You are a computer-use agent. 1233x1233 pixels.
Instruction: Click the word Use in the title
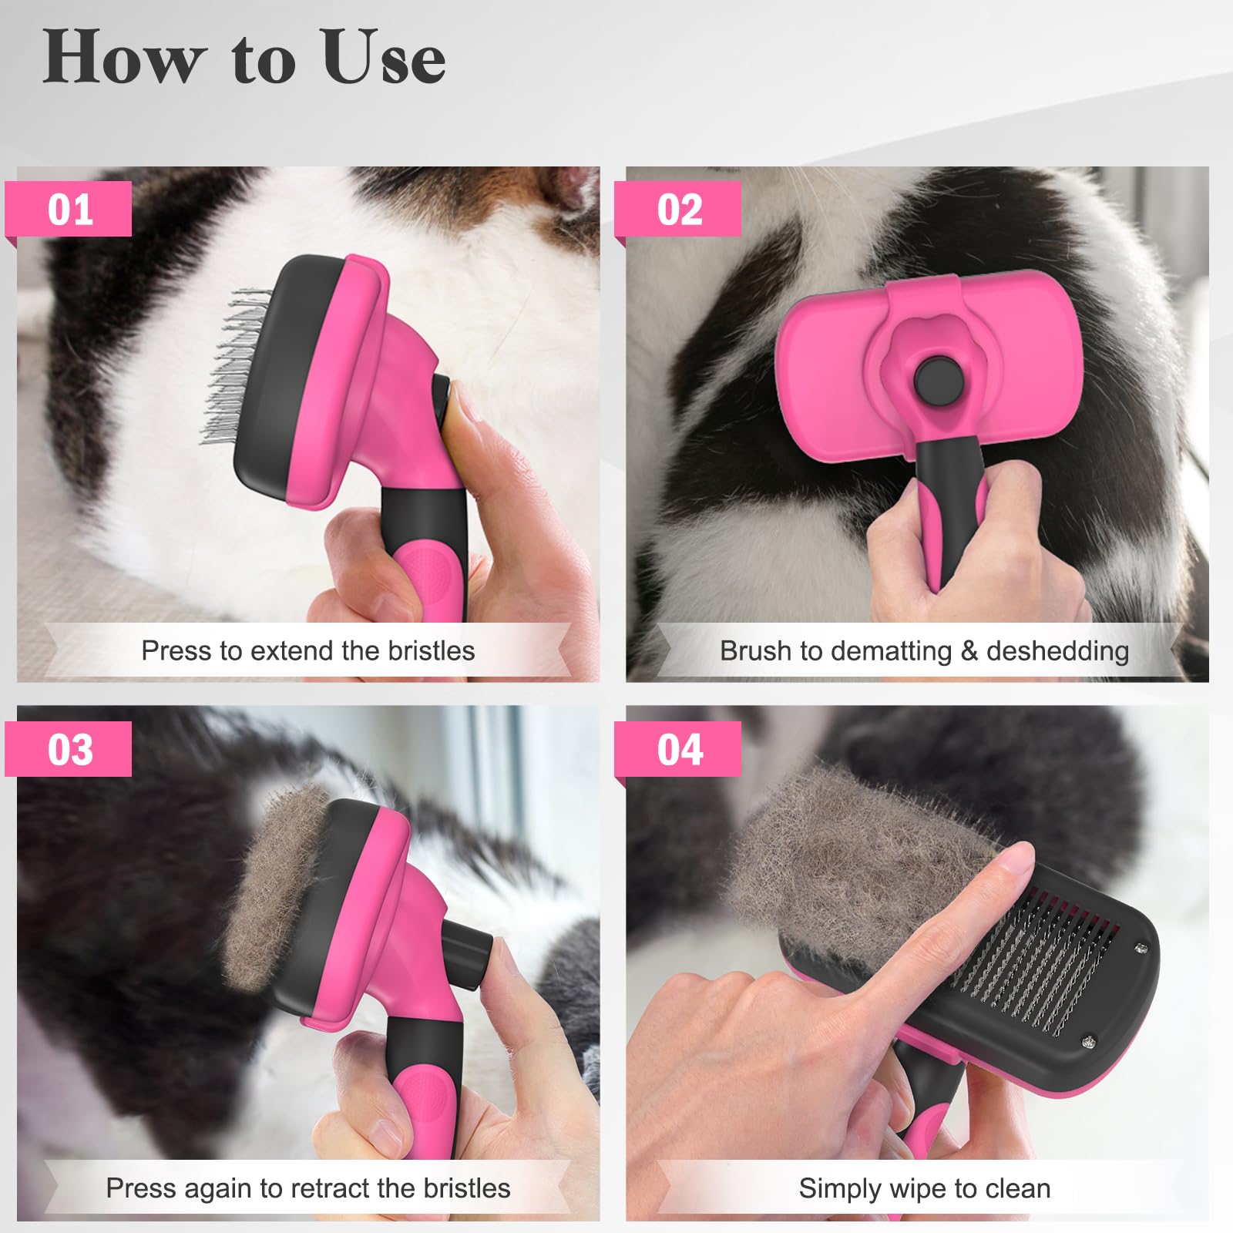(384, 58)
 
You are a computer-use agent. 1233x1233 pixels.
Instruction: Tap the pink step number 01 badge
(69, 210)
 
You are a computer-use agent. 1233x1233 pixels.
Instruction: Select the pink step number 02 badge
(679, 210)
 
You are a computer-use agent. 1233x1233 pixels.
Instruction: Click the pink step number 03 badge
(69, 749)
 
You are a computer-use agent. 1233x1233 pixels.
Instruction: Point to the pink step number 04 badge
(679, 749)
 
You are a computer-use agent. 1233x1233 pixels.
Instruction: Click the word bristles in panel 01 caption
(431, 651)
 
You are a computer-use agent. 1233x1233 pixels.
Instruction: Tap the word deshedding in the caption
(1057, 651)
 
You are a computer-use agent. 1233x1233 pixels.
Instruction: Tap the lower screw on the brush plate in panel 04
(1087, 1041)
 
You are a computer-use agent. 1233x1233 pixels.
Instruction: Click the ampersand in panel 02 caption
(969, 651)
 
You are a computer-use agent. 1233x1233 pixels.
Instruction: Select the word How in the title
(123, 58)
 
